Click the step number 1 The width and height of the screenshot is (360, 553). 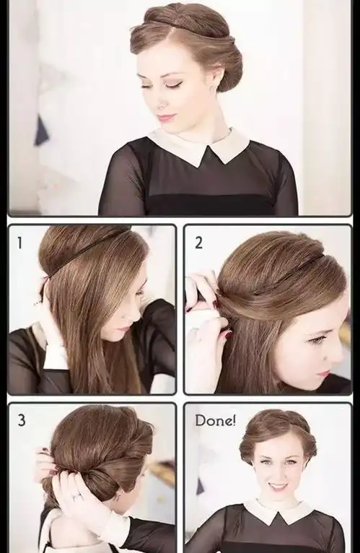tap(19, 243)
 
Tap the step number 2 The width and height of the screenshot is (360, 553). tap(198, 243)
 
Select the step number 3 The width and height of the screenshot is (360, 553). tap(22, 420)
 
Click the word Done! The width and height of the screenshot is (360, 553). tap(216, 420)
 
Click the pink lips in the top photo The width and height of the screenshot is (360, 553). tap(166, 117)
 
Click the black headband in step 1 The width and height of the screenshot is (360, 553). tap(84, 253)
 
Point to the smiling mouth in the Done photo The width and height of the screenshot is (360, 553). tap(277, 487)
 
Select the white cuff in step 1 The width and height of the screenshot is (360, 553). tap(56, 357)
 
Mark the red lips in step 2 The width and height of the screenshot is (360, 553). tap(323, 373)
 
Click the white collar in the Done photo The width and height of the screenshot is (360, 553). tap(278, 510)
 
